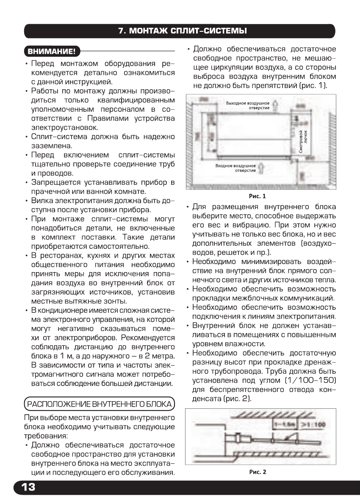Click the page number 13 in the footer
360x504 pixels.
pyautogui.click(x=26, y=487)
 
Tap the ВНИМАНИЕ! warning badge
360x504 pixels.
pyautogui.click(x=52, y=52)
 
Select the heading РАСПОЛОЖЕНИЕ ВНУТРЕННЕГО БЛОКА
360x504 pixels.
pyautogui.click(x=100, y=404)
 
